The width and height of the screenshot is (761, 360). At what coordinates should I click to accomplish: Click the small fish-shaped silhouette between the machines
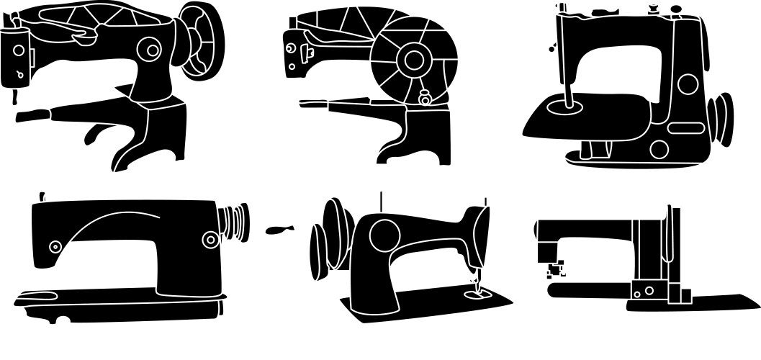279,230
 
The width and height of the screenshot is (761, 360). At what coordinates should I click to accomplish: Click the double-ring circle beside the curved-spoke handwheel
151,50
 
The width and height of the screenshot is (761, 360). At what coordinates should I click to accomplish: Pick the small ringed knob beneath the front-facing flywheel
424,97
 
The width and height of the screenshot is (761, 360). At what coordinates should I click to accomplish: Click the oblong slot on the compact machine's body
685,128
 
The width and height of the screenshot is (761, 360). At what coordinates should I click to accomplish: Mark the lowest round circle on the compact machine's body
659,149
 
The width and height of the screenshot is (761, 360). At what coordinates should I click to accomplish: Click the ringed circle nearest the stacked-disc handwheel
210,240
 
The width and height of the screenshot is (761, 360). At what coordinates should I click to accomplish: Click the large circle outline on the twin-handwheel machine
384,233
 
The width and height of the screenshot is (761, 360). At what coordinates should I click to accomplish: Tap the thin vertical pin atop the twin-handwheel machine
381,204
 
